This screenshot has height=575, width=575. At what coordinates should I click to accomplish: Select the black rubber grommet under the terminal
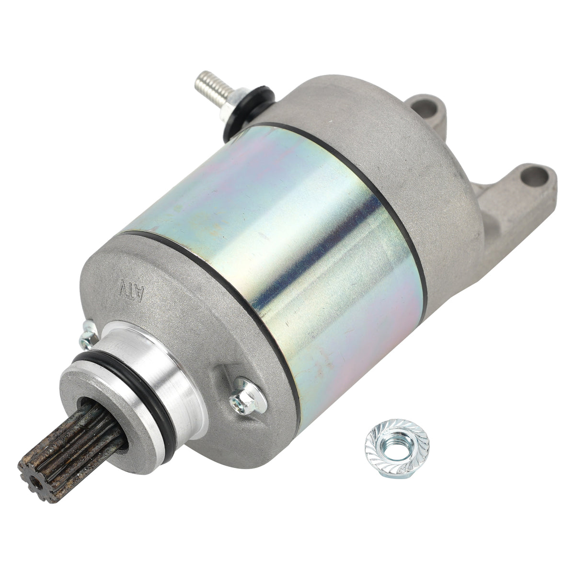pyautogui.click(x=248, y=114)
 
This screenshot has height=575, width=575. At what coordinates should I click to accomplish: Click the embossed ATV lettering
pyautogui.click(x=132, y=289)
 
